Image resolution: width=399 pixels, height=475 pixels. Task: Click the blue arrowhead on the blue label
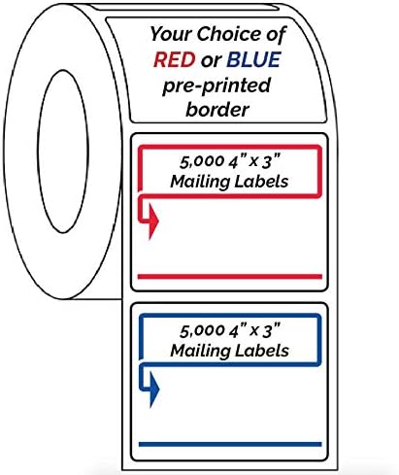coord(153,390)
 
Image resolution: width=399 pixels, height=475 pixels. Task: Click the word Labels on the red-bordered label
coord(263,182)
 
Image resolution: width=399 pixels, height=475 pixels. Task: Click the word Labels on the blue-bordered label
coord(263,348)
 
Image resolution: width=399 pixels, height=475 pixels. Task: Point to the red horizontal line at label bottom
coord(230,277)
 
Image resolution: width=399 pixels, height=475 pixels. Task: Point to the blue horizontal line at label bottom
coord(230,442)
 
